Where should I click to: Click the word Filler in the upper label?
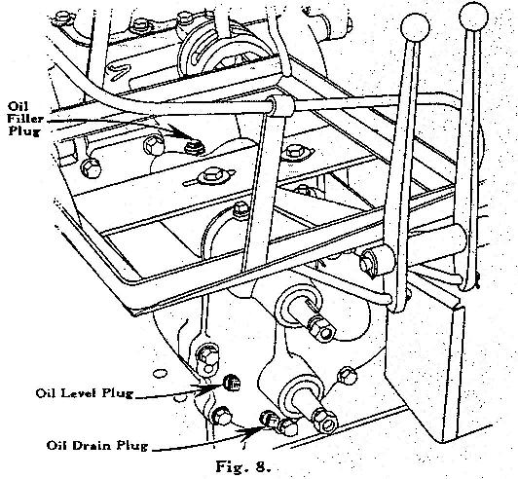click(x=25, y=118)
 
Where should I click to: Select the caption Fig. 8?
click(x=243, y=466)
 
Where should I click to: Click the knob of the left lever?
click(x=415, y=27)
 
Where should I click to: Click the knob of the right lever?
click(x=474, y=16)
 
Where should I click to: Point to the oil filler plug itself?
click(x=195, y=147)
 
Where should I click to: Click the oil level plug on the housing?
click(x=232, y=383)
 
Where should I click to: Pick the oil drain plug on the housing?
click(x=270, y=420)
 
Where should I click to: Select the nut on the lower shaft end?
click(x=325, y=421)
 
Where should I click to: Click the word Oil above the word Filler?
click(x=18, y=106)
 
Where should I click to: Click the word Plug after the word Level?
click(x=117, y=393)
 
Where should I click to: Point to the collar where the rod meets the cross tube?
click(x=279, y=106)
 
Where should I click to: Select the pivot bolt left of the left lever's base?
click(x=367, y=260)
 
